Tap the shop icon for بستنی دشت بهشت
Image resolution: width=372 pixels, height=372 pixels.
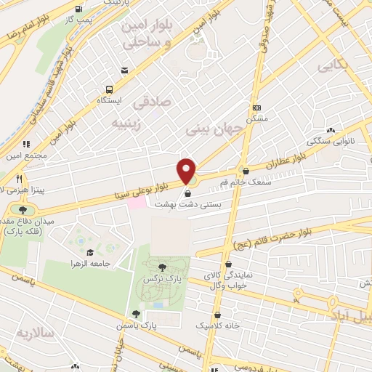point(189,194)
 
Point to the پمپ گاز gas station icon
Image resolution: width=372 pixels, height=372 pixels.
point(78,11)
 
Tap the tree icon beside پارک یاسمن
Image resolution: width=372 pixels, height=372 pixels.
point(136,315)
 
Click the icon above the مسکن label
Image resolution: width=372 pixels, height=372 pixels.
point(256,107)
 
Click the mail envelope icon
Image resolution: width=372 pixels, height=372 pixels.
point(126,70)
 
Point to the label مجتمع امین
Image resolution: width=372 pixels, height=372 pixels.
point(29,155)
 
